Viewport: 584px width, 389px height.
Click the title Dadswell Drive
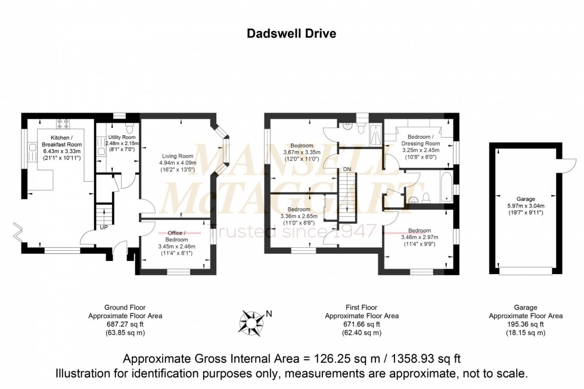291,33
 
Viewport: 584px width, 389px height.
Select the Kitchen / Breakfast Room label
61,144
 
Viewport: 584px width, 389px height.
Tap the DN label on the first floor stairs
347,170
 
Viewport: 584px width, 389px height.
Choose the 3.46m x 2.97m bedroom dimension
420,237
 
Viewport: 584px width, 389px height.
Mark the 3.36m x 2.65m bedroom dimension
299,216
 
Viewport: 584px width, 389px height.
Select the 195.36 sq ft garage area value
526,325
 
